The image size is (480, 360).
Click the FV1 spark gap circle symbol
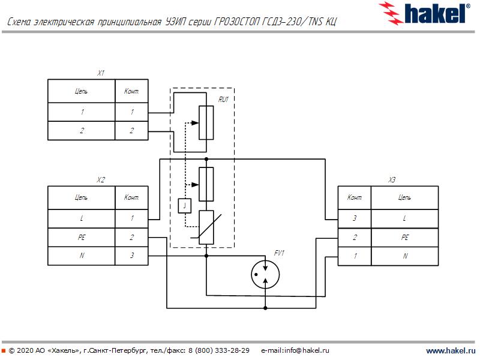[x=265, y=274]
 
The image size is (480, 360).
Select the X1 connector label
[x=101, y=73]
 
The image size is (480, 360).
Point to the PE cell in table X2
[x=81, y=238]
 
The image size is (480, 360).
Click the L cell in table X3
[x=404, y=219]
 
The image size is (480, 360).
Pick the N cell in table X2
[x=81, y=256]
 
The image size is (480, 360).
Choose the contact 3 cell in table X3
[x=354, y=219]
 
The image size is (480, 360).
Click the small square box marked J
[x=185, y=205]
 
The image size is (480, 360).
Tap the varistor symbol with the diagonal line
[x=206, y=227]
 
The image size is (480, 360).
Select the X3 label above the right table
[x=392, y=179]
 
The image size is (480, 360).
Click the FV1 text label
[x=279, y=253]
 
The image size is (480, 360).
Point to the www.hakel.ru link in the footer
[x=449, y=350]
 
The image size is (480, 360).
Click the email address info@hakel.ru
[x=295, y=350]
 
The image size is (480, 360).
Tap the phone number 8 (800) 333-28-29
[x=219, y=350]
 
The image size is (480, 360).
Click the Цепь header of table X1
[x=81, y=91]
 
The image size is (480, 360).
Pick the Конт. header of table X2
[x=131, y=197]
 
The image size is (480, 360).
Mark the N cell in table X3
[x=404, y=256]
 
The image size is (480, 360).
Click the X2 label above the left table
[x=101, y=179]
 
